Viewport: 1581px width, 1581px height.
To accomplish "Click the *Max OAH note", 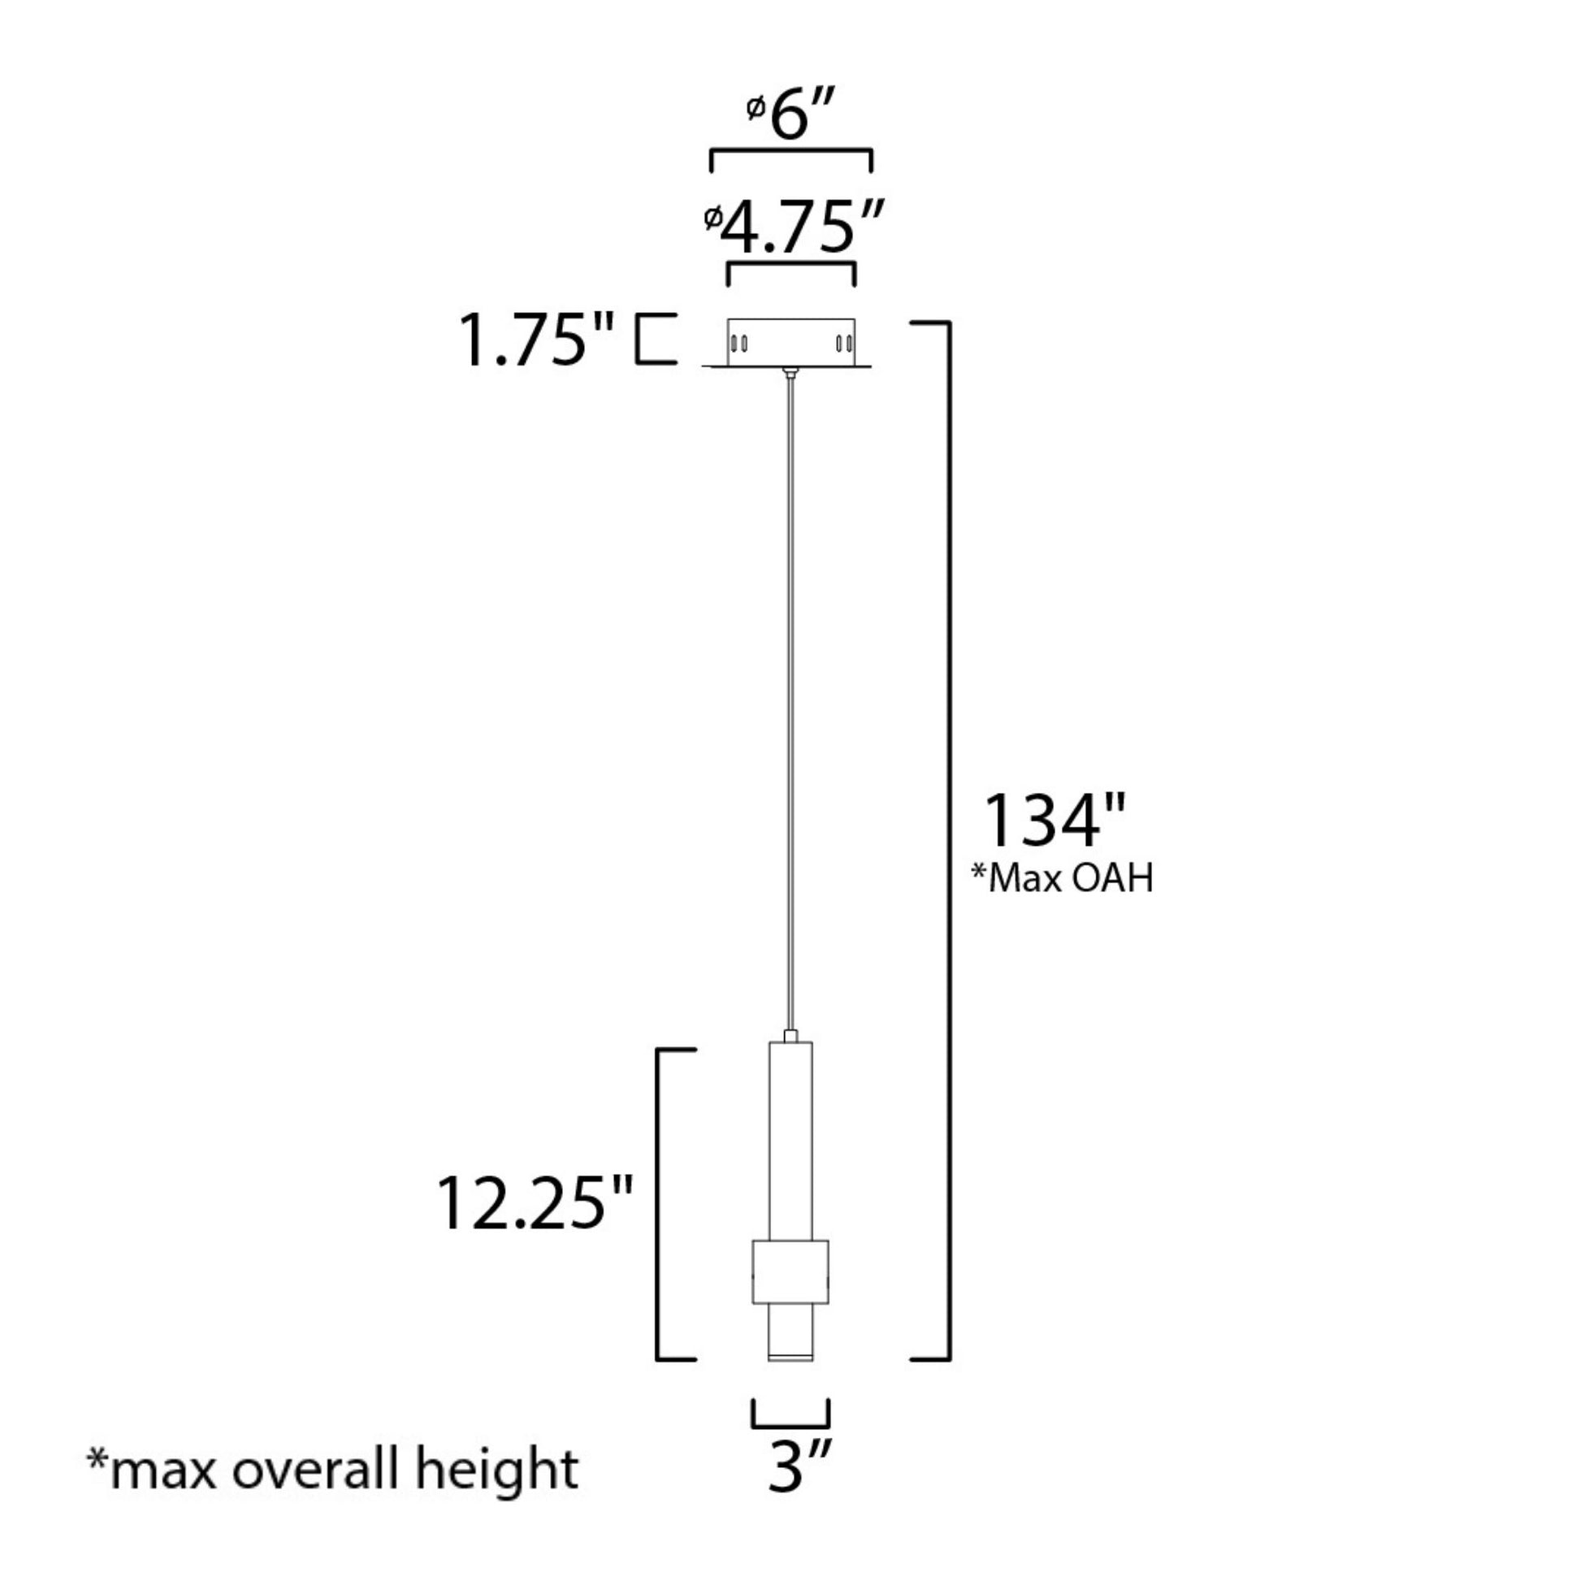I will coord(1061,879).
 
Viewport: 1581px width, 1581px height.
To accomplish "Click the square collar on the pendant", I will coord(790,1271).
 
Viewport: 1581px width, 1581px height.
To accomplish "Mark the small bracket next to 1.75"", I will coord(656,338).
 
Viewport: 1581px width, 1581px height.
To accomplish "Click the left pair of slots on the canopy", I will coord(739,343).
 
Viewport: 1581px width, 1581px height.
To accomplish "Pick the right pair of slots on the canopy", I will coord(842,343).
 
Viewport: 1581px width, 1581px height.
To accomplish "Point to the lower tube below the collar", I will coord(790,1330).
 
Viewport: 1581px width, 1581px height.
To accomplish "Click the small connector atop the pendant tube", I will coord(790,1036).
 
